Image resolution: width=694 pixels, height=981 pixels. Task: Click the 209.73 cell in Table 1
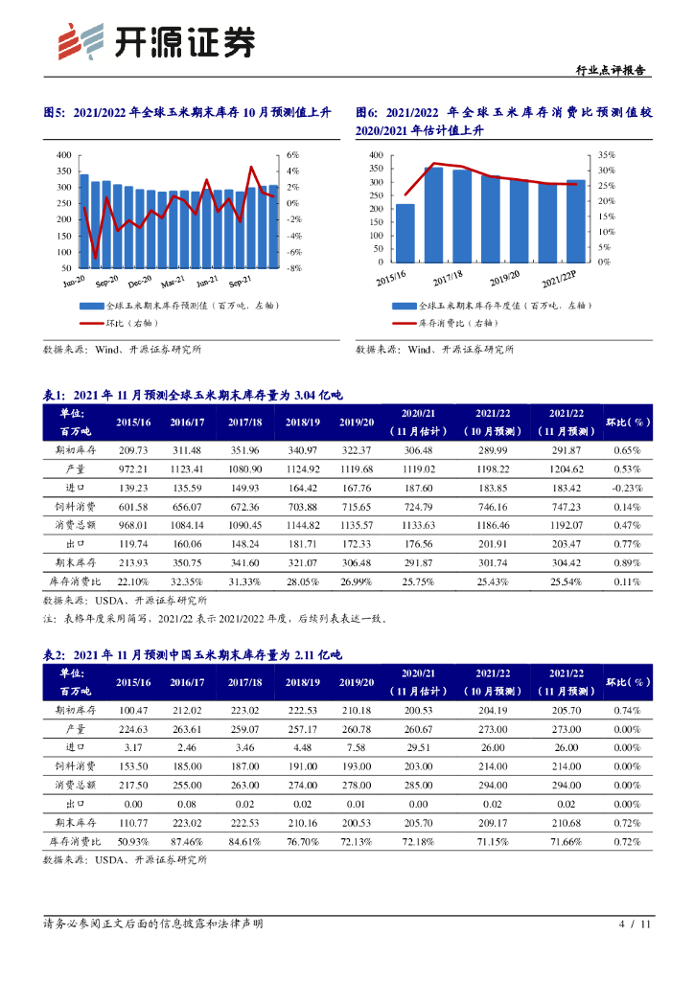coord(133,450)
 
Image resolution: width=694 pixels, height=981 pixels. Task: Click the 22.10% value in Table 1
coord(133,581)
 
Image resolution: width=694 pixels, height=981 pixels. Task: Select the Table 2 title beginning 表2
coord(192,653)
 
